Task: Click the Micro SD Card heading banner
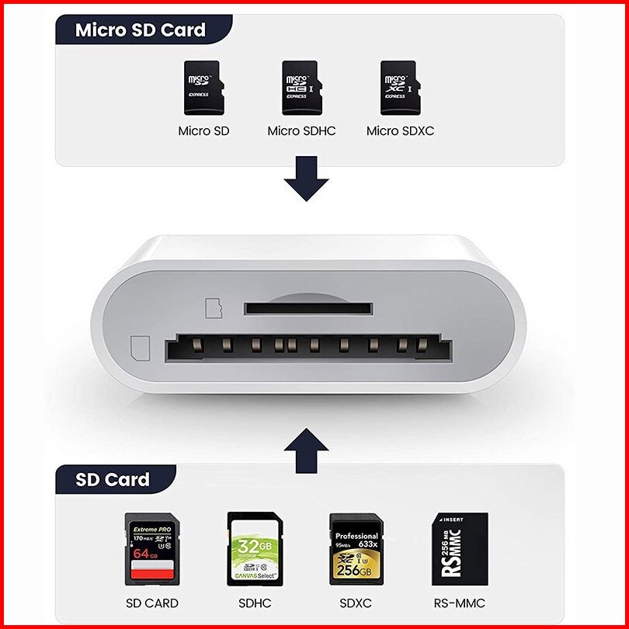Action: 141,30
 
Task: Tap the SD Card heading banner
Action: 113,479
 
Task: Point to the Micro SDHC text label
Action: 301,131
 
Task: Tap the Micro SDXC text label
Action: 400,131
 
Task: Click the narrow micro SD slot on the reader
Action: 308,308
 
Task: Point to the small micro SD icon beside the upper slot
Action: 213,307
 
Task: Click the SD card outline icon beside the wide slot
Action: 141,345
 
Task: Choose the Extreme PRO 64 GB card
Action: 151,549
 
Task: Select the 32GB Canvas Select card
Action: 254,549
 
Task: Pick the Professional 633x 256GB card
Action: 356,549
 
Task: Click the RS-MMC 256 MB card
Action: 460,549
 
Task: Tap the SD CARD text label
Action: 152,603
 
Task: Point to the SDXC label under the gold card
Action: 356,603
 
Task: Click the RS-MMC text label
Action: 460,603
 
